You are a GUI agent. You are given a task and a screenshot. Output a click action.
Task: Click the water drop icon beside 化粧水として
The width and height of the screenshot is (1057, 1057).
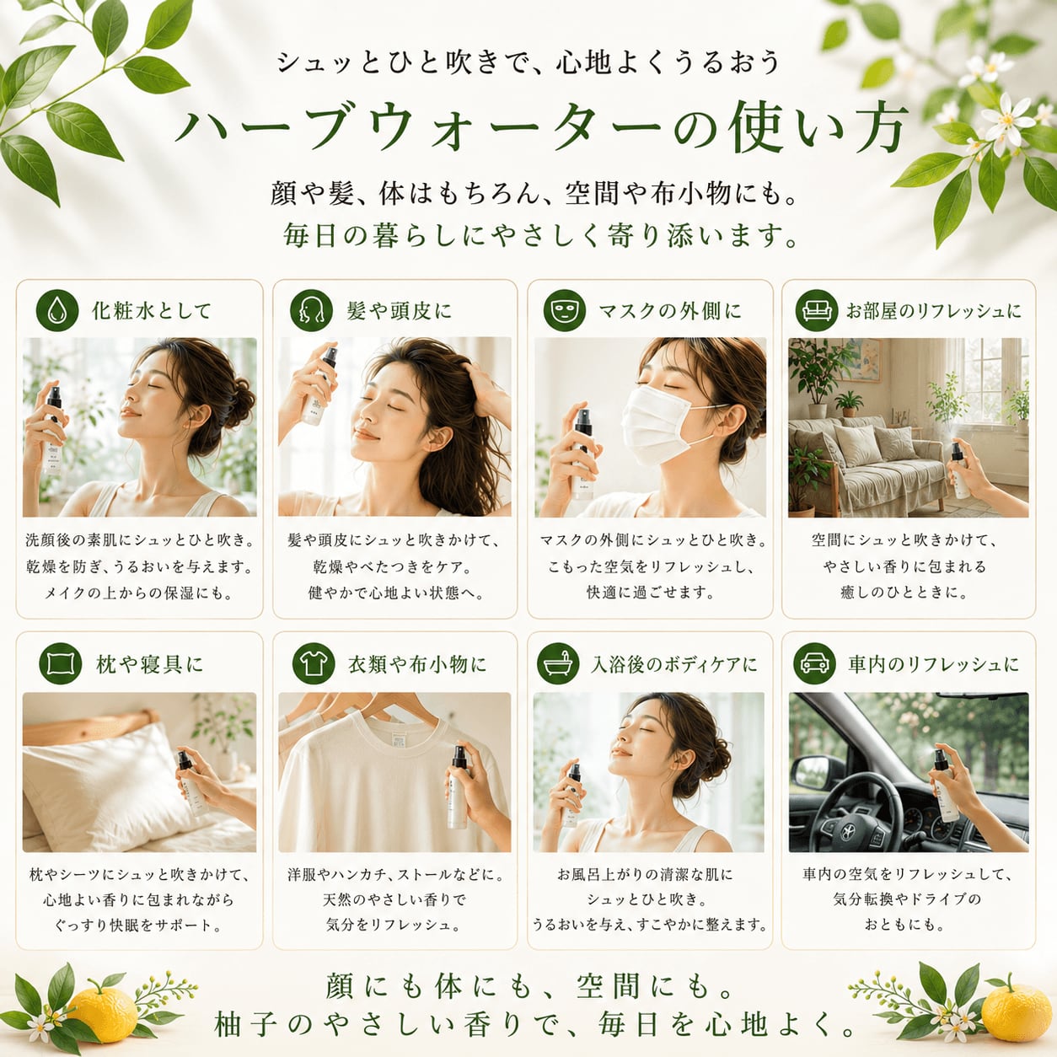(57, 310)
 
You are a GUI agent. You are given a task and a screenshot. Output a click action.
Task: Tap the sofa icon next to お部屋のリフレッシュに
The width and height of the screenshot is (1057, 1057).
(817, 310)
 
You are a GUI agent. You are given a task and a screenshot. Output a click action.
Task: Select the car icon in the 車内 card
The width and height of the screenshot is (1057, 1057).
(814, 663)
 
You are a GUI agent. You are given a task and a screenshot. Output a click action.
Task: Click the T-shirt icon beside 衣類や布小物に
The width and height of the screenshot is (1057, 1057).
(314, 663)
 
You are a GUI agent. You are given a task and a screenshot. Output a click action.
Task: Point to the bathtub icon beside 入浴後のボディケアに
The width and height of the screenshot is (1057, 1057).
(558, 663)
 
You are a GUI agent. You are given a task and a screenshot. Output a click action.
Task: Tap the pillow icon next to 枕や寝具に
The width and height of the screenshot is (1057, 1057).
(61, 663)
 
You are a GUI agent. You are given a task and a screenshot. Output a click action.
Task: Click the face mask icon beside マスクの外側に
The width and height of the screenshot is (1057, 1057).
(565, 310)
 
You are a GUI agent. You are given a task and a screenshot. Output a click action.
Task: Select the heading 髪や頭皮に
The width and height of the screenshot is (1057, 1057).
(399, 311)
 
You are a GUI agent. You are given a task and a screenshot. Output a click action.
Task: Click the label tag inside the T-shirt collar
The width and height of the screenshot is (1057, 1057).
(399, 740)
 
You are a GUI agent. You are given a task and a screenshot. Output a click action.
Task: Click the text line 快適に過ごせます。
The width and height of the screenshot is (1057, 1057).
(650, 593)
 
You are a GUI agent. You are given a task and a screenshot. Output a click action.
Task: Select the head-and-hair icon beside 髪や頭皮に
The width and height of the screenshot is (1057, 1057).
(311, 310)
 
